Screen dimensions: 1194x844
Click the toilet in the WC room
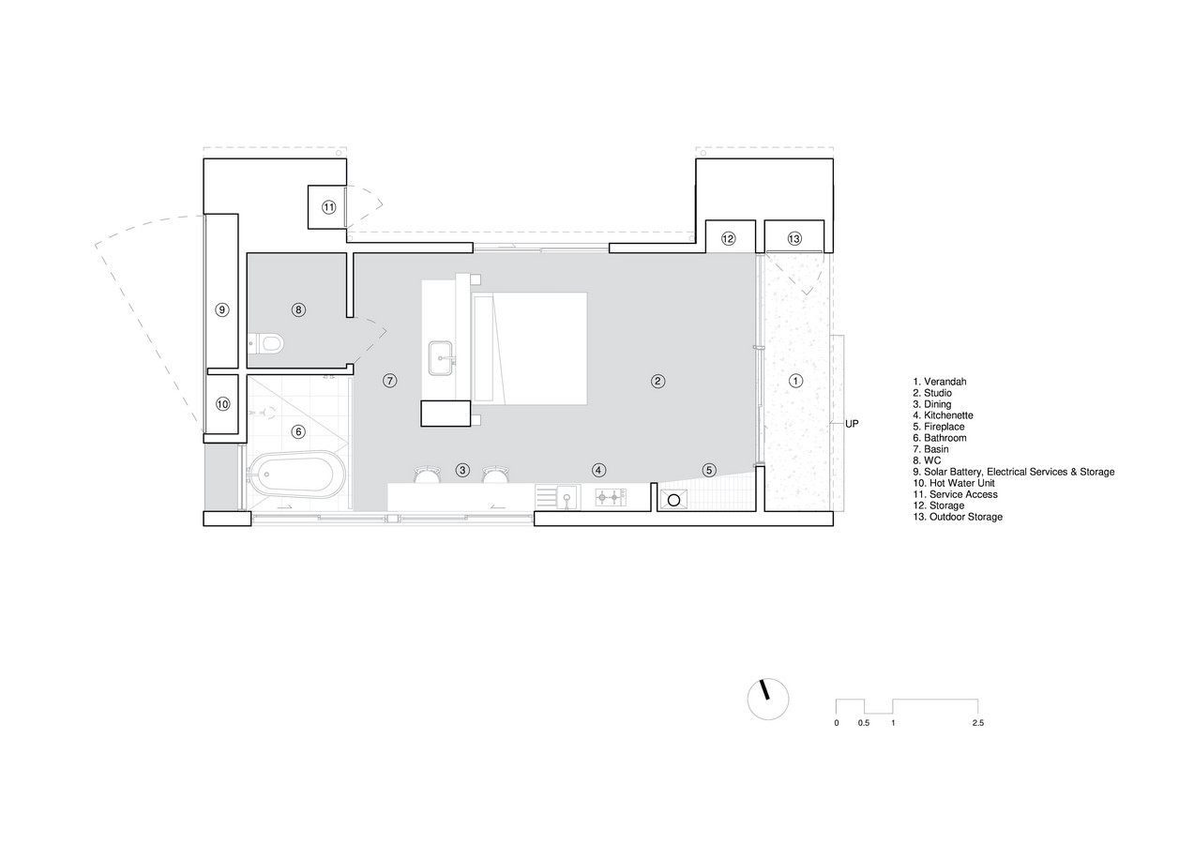click(266, 343)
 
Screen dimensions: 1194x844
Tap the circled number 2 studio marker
click(657, 381)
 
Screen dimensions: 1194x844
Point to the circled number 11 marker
click(329, 207)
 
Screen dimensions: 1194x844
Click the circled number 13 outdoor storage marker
click(794, 239)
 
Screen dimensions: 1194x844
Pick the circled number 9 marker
click(222, 309)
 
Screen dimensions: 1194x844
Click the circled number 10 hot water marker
click(223, 404)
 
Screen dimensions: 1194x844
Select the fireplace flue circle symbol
click(673, 500)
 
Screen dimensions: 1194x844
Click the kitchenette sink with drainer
click(557, 497)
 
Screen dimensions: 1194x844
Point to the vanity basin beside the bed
click(441, 358)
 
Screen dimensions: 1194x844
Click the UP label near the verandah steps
click(852, 424)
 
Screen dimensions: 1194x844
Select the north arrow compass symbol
click(768, 699)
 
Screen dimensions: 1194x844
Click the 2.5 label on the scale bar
click(977, 723)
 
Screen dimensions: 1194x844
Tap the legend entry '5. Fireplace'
click(939, 427)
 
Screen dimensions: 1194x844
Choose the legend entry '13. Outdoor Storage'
click(958, 517)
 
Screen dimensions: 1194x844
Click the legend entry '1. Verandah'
click(940, 382)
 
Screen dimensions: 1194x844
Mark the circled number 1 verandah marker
click(795, 381)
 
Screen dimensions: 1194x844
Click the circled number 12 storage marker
click(728, 239)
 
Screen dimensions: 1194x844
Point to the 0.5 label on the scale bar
click(864, 723)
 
